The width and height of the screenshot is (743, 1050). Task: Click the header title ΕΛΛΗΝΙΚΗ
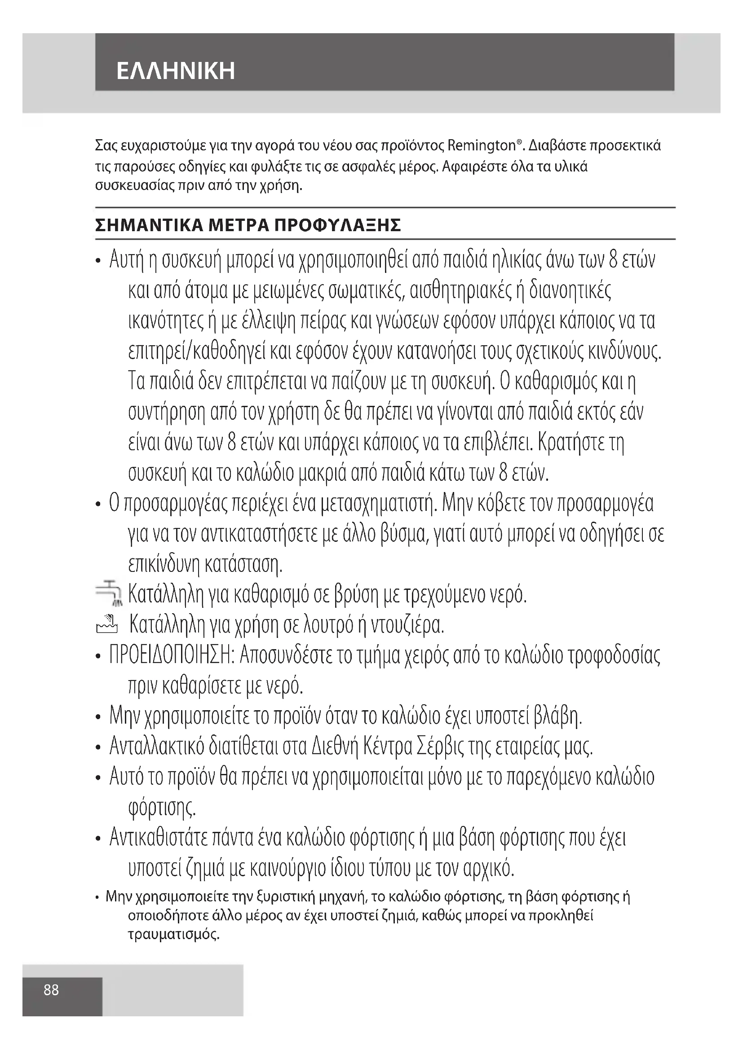176,71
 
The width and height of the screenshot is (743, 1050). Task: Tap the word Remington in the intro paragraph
481,146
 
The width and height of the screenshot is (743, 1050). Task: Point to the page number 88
51,990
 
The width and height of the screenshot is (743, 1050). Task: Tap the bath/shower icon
107,624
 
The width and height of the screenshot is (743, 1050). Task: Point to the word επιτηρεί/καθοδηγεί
202,351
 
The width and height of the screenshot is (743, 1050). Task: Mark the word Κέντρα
387,747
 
